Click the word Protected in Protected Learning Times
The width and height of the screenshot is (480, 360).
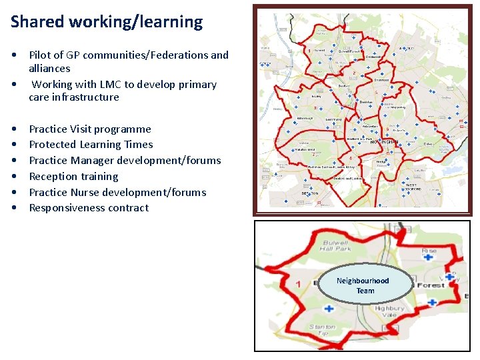(x=53, y=145)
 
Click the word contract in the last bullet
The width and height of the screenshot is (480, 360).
(x=129, y=208)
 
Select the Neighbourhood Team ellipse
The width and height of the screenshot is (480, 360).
(x=365, y=285)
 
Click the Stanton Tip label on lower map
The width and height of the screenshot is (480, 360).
(x=321, y=331)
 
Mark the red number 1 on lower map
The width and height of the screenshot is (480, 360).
(x=298, y=284)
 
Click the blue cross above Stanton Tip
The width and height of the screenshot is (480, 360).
(x=328, y=308)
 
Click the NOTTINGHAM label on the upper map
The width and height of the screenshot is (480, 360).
(x=387, y=142)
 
